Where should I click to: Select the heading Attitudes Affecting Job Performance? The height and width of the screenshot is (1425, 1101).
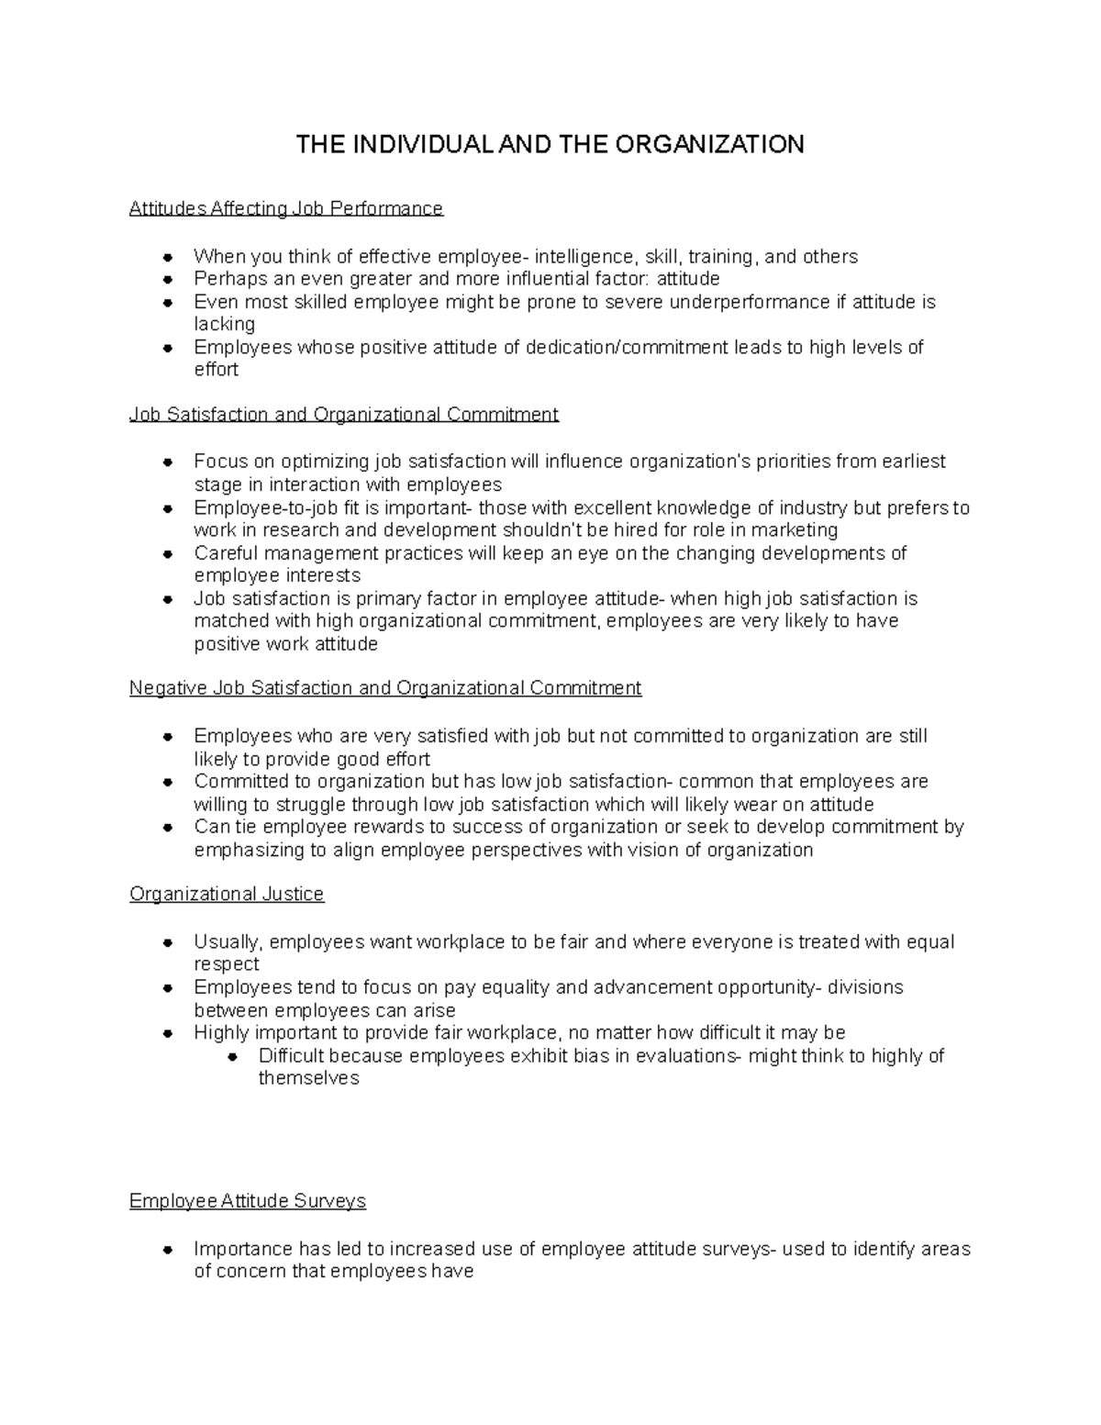click(286, 209)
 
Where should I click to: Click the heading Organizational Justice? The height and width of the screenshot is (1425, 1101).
click(227, 894)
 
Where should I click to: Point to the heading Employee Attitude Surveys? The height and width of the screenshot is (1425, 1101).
click(248, 1201)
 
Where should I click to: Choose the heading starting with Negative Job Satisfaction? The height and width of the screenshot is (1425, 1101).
click(385, 688)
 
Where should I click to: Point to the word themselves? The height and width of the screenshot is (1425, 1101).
click(308, 1078)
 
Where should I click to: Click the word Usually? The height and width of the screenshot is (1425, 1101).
click(228, 942)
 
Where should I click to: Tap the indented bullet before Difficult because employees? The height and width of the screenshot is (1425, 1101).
click(233, 1056)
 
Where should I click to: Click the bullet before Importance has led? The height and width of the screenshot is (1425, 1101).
click(168, 1250)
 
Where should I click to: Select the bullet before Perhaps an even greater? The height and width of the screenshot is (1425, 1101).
click(168, 280)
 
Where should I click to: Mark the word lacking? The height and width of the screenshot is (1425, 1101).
click(224, 324)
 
